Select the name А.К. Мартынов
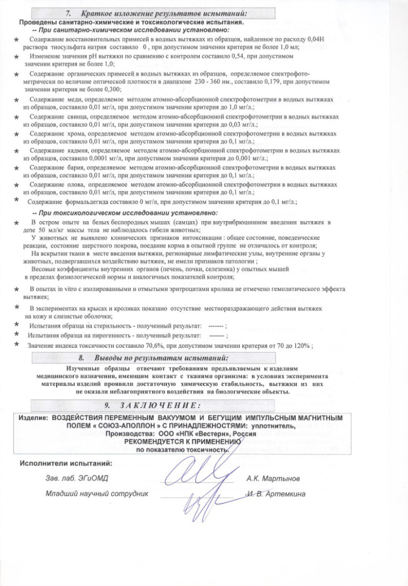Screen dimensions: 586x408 pos(273,478)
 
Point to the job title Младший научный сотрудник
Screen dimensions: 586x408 pos(97,494)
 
